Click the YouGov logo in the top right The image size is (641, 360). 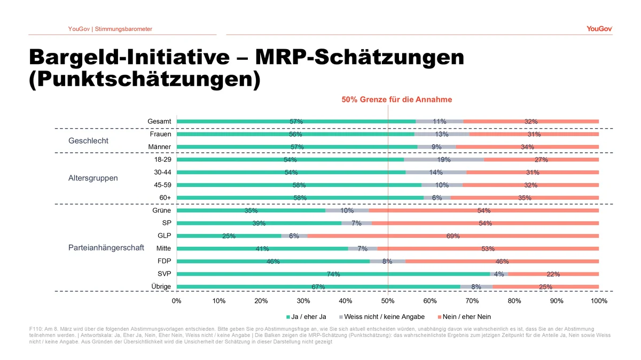tap(599, 28)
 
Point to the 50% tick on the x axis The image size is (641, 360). tap(388, 301)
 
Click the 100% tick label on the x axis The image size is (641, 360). tap(599, 301)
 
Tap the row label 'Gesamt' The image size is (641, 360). tap(159, 122)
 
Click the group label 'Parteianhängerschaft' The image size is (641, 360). tap(106, 248)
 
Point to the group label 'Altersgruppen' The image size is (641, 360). tap(93, 178)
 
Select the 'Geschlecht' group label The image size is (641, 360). tap(89, 141)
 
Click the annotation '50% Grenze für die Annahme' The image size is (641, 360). tap(396, 99)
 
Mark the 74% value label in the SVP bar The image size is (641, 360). tap(333, 275)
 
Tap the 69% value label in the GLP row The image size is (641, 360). tap(453, 236)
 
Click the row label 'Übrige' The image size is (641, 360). tap(161, 287)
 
